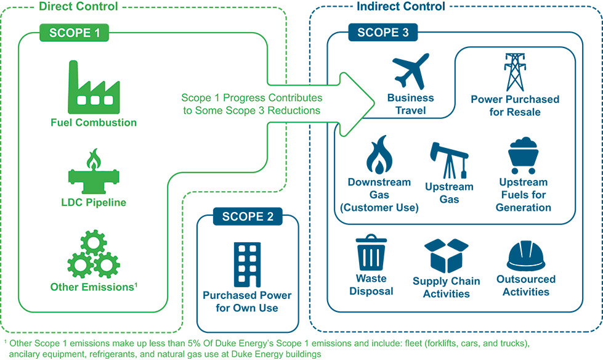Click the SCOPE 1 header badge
click(79, 32)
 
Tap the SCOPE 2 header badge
click(248, 216)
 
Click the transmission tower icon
click(514, 72)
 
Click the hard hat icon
click(525, 255)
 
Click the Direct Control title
click(78, 7)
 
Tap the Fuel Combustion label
click(94, 122)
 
